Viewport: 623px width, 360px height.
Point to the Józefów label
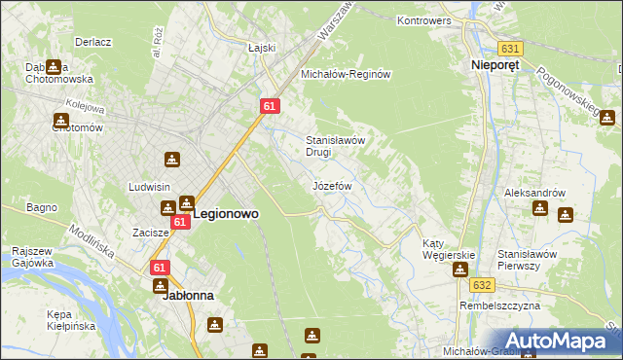tap(331, 185)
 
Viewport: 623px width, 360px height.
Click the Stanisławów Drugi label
tap(336, 146)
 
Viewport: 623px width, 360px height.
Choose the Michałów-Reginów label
tap(345, 74)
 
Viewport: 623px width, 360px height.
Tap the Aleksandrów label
tap(534, 193)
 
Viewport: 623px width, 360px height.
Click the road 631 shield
tap(508, 48)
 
